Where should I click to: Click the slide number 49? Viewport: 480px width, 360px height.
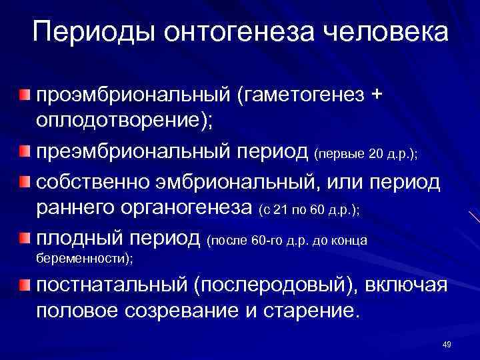click(447, 344)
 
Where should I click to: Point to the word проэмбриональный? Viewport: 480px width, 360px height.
click(133, 95)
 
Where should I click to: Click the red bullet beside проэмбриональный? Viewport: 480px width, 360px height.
click(25, 95)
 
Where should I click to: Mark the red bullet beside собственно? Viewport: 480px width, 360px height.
click(25, 181)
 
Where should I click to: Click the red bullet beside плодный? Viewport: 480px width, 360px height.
click(25, 237)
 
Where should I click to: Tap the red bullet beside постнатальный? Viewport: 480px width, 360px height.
click(25, 285)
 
